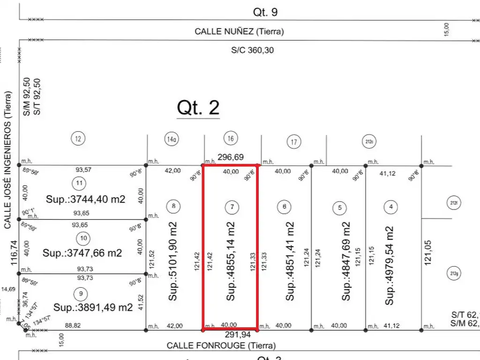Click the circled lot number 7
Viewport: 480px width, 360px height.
click(x=231, y=206)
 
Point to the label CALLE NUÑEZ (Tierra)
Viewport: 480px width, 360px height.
click(x=239, y=32)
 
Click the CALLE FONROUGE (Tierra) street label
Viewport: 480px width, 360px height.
click(x=221, y=345)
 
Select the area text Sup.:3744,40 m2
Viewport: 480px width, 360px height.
click(x=86, y=199)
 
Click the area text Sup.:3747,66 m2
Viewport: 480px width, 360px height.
click(x=82, y=253)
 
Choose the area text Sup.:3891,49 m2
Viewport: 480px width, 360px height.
click(x=93, y=307)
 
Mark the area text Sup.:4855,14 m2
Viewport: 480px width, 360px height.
click(x=231, y=261)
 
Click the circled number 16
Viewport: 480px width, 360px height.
click(x=231, y=138)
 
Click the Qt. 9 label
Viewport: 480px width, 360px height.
click(x=265, y=12)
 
